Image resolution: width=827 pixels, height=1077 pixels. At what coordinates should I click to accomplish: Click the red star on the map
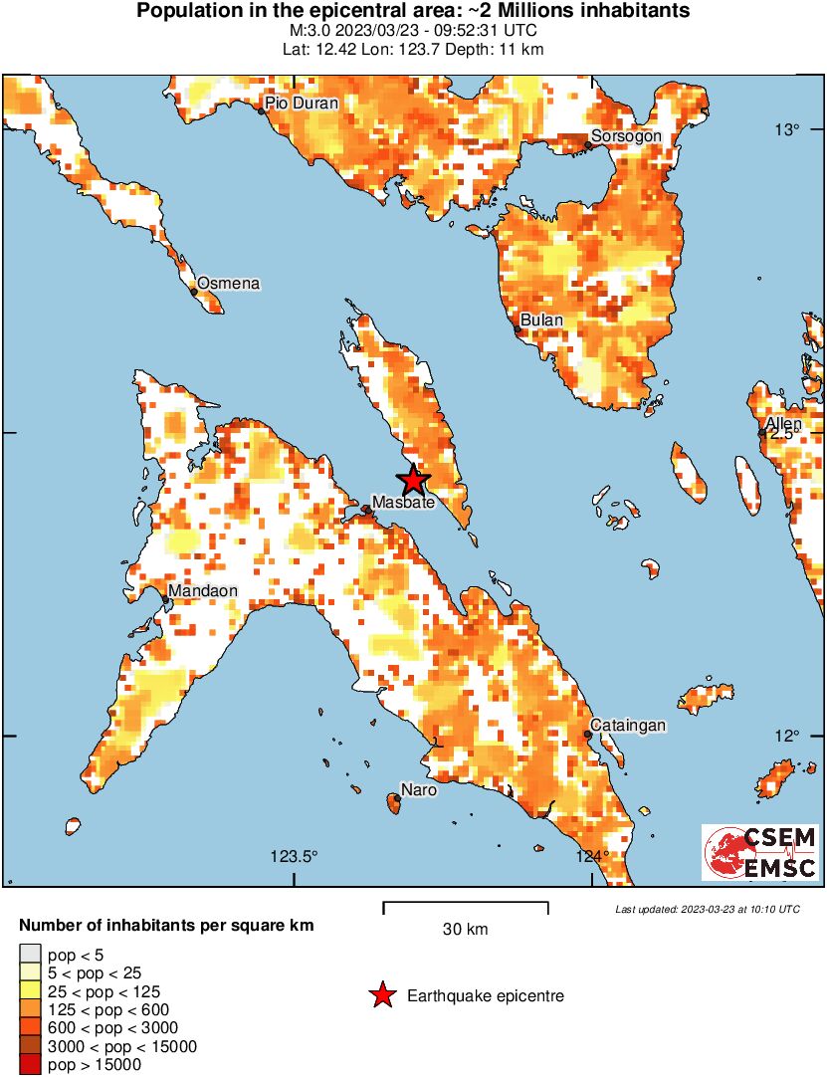[414, 481]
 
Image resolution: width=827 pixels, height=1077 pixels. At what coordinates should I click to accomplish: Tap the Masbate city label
[403, 503]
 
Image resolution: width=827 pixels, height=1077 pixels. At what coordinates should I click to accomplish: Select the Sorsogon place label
[626, 135]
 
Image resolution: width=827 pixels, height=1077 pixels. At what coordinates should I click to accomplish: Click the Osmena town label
[228, 284]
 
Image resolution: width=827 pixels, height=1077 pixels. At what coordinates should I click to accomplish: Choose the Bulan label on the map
[541, 321]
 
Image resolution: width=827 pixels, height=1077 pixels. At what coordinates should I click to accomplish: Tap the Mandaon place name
[203, 591]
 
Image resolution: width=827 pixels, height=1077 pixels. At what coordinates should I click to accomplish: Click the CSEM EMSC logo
[760, 852]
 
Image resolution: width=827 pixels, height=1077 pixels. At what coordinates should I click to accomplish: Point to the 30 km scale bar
[466, 908]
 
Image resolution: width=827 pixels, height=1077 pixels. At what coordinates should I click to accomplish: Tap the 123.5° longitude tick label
[295, 856]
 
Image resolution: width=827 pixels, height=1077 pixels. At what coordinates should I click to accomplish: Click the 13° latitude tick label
[788, 128]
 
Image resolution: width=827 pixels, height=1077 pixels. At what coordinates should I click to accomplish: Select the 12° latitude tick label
[788, 736]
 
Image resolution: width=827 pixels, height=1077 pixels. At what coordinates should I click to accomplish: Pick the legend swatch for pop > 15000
[30, 1065]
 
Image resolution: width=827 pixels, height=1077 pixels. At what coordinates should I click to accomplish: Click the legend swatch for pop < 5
[30, 955]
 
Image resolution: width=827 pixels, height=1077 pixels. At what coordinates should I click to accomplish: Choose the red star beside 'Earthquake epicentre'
[380, 995]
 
